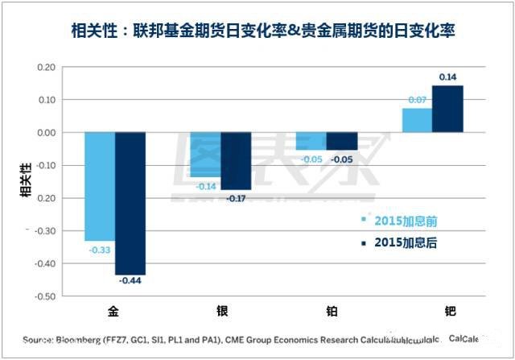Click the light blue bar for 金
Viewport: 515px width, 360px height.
click(100, 186)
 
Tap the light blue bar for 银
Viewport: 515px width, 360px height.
click(205, 154)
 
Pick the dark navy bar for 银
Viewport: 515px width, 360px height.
click(236, 160)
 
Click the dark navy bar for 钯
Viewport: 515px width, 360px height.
click(447, 109)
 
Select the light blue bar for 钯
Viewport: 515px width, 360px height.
click(417, 120)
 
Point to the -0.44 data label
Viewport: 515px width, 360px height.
click(130, 281)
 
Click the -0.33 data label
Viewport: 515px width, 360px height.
click(99, 249)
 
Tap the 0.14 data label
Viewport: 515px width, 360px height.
click(447, 77)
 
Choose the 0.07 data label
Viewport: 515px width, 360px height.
click(417, 101)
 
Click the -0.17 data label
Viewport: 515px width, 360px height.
click(236, 197)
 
